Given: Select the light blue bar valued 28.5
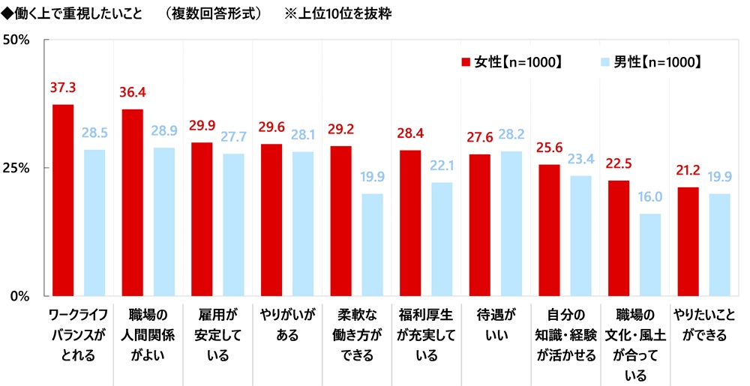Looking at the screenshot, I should pos(94,222).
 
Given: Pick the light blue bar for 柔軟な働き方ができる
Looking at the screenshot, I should pos(372,244).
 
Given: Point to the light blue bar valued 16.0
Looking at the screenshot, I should pos(650,254).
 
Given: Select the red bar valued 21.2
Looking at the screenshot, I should pos(688,241).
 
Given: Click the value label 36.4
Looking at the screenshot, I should pos(133,93).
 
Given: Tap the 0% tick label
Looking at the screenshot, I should pos(19,295).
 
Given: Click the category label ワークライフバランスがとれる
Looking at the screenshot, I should pos(79,334).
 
